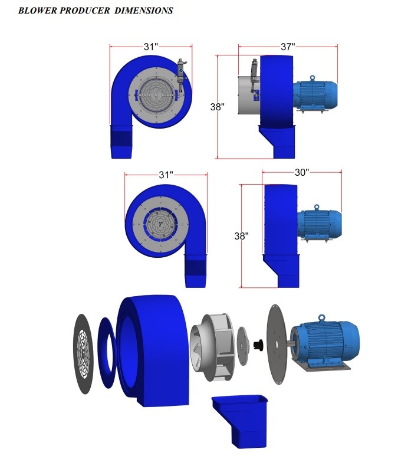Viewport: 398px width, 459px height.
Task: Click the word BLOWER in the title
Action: click(x=38, y=11)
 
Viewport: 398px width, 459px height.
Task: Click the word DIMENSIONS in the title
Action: click(x=144, y=11)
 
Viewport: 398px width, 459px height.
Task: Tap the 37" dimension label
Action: click(x=288, y=47)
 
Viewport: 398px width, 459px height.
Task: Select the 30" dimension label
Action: click(x=301, y=172)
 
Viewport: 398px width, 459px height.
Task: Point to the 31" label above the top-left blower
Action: click(x=151, y=47)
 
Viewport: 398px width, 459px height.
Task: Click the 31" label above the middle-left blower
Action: click(x=166, y=175)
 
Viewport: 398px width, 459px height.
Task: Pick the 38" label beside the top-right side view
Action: click(x=218, y=107)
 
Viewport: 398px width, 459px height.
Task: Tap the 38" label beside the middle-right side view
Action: click(x=241, y=236)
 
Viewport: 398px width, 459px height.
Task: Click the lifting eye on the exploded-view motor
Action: click(x=321, y=317)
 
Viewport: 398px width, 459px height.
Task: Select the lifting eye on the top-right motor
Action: click(x=313, y=78)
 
